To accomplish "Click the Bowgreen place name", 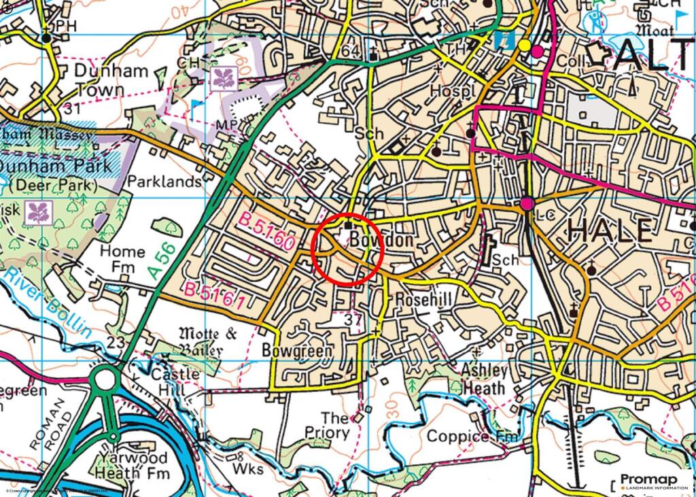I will tap(298, 351).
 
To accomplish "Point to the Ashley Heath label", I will tap(485, 379).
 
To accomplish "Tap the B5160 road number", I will tap(266, 232).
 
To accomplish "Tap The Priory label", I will tap(336, 426).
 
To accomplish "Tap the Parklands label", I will tap(165, 182).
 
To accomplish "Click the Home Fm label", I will tap(122, 259).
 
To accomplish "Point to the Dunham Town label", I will tap(101, 80).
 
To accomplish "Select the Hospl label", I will tap(453, 92).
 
